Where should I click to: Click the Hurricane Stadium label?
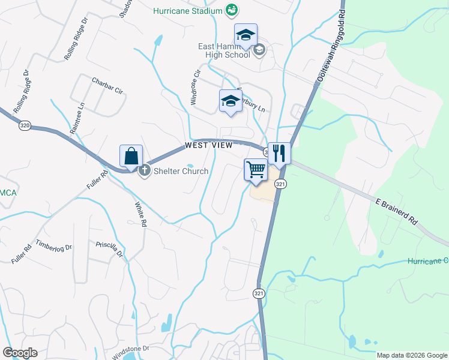pos(187,11)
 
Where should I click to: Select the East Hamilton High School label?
pos(224,50)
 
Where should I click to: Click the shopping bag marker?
pos(131,157)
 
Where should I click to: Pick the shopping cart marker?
pos(256,170)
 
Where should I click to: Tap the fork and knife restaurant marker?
pos(279,153)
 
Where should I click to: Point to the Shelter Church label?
pos(179,171)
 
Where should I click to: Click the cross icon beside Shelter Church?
pos(144,171)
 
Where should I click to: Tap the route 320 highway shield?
pos(25,126)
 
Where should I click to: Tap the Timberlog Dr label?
pos(54,247)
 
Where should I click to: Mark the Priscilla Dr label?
pos(109,248)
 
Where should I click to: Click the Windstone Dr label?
pos(130,351)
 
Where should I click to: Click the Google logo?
pos(20,353)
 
